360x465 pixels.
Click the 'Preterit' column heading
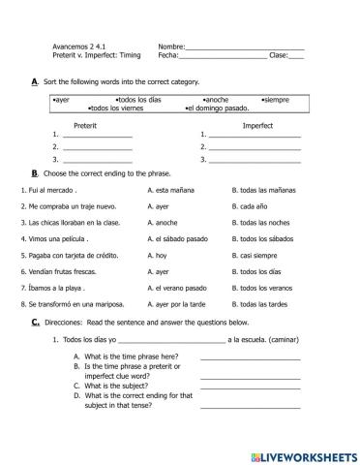point(90,125)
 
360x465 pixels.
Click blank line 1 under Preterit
point(97,136)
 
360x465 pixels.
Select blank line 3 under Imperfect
point(254,159)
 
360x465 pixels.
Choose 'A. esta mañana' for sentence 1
point(172,190)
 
